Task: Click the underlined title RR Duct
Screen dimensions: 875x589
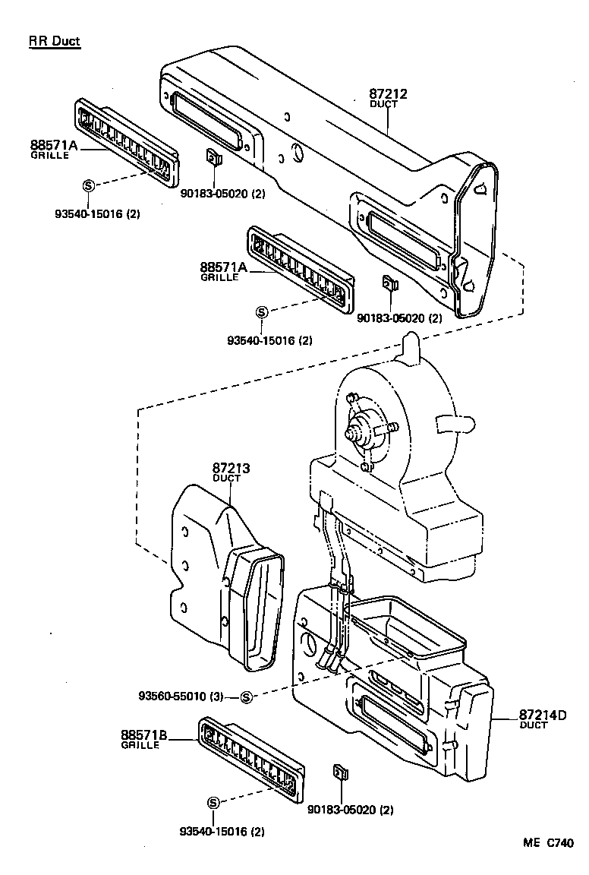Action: click(54, 41)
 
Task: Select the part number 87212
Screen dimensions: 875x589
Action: click(388, 94)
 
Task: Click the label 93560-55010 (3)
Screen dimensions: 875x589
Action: click(181, 696)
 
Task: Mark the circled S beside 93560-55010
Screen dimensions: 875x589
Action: click(246, 697)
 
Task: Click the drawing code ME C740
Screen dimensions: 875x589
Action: click(547, 843)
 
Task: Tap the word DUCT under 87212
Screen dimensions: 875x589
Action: click(383, 104)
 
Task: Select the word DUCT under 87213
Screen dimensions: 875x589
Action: click(226, 479)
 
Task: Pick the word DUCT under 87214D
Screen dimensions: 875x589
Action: click(534, 725)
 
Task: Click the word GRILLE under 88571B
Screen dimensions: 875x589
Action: click(140, 745)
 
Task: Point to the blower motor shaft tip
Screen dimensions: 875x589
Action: click(350, 435)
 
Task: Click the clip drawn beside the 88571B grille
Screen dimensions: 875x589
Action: click(340, 773)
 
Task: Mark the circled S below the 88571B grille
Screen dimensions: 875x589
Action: click(213, 803)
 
